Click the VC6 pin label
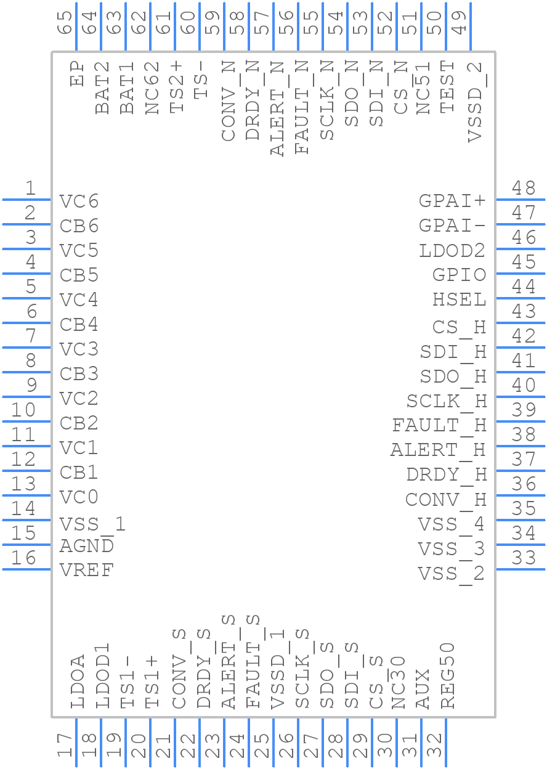(x=79, y=201)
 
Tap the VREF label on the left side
(x=86, y=570)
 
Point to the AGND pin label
(x=86, y=545)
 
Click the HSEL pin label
(x=459, y=299)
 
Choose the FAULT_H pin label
(x=439, y=426)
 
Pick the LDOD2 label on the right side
(x=452, y=251)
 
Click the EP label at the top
(x=77, y=74)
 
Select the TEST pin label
(x=447, y=87)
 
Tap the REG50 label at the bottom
(x=447, y=675)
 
